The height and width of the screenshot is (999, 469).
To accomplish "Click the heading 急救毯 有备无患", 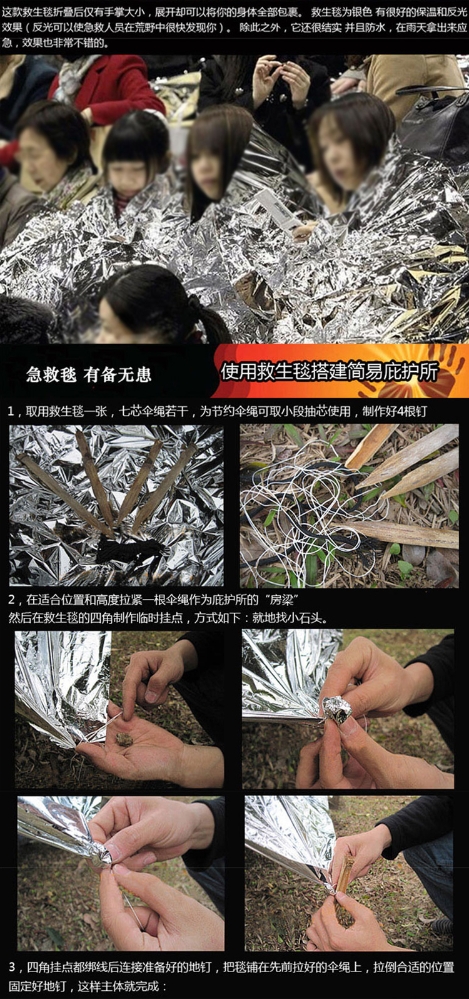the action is tap(89, 374).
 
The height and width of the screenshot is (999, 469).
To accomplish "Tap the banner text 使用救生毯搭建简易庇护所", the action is tap(329, 372).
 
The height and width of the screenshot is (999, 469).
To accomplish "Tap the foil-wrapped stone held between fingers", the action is tap(336, 709).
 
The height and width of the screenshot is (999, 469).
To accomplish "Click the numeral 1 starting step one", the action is tap(12, 411).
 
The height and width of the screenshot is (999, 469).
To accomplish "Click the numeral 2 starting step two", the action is tap(12, 600).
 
